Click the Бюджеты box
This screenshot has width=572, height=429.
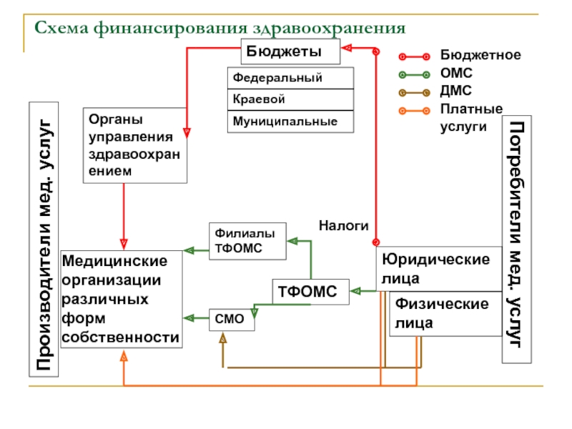point(290,51)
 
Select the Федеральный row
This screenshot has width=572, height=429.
point(290,78)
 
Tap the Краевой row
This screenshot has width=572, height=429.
point(290,99)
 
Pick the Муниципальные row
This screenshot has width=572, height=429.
point(290,122)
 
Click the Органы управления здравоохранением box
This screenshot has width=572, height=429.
point(135,145)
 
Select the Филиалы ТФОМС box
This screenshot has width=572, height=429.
point(247,241)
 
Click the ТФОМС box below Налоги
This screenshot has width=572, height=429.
point(310,292)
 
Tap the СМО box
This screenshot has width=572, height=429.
point(232,320)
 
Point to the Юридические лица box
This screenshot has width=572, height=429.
point(439,269)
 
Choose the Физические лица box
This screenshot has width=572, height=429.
point(445,314)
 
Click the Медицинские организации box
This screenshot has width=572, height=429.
point(122,299)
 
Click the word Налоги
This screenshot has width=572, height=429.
point(344,226)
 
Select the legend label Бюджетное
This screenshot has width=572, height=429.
point(480,55)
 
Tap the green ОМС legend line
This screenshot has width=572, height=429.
point(414,75)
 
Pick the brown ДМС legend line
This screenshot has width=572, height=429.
point(414,93)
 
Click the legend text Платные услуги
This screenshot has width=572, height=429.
point(471,117)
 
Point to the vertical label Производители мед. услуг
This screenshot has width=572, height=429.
point(44,240)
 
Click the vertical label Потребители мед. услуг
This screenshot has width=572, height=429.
point(516,240)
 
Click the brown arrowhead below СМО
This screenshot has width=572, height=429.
point(223,337)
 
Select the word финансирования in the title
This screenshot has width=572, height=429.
point(171,29)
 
